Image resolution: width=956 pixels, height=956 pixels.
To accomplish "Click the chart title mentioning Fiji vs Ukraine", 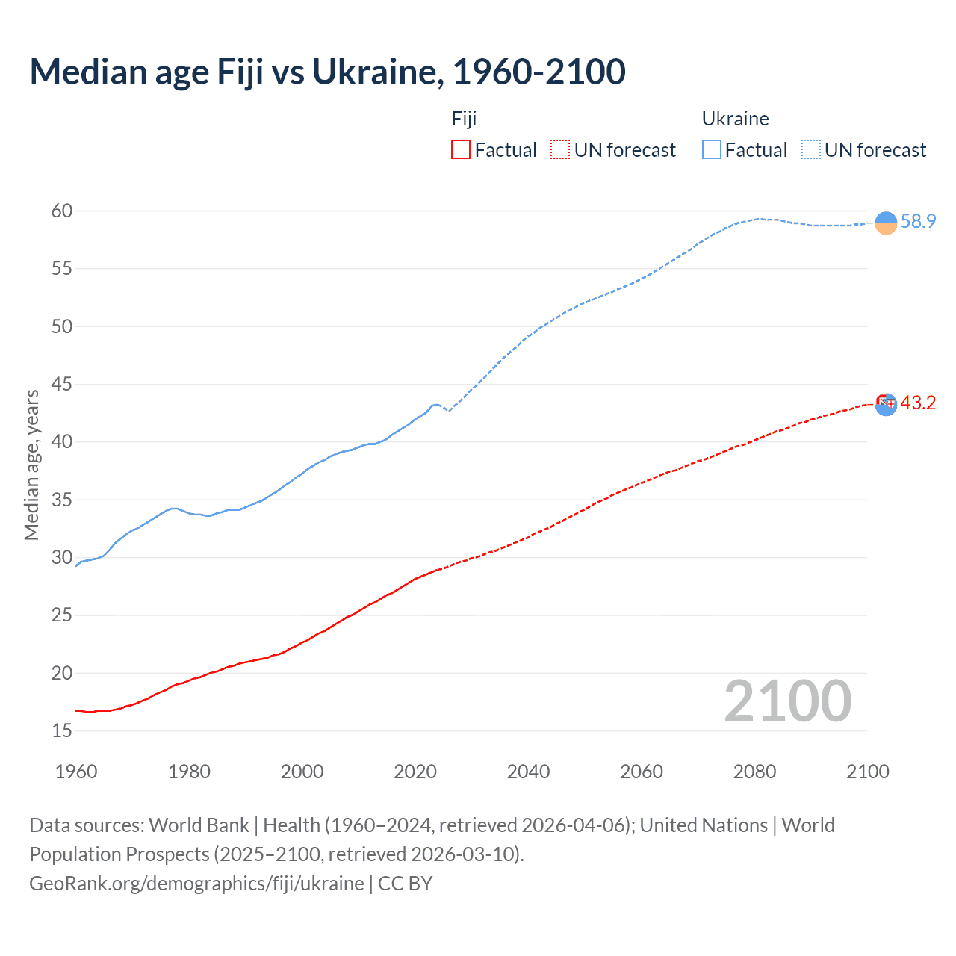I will [x=327, y=72].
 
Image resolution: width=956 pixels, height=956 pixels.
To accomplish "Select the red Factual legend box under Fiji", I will [x=461, y=149].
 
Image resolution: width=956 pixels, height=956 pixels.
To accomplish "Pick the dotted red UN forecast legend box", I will [x=560, y=149].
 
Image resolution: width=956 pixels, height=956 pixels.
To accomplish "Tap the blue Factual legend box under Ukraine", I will [x=712, y=149].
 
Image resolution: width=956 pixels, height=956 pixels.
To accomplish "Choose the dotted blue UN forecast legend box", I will [x=810, y=149].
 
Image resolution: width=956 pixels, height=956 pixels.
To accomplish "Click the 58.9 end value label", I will [x=918, y=221].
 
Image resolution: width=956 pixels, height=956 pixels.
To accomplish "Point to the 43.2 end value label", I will [x=918, y=403].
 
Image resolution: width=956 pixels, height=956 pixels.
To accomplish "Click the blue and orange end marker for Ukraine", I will [x=886, y=223].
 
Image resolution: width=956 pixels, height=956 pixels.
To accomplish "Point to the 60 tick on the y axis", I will [x=62, y=211].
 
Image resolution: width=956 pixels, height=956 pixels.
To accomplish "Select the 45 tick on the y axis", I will [x=62, y=384].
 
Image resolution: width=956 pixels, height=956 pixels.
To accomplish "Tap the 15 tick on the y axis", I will [x=62, y=730].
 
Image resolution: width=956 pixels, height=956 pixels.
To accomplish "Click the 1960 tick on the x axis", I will [x=76, y=772].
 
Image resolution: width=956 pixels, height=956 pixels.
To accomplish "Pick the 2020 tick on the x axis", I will [x=415, y=772].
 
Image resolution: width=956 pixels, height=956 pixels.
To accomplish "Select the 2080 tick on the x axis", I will [x=754, y=772].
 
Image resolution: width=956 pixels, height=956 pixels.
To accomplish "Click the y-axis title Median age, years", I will [x=31, y=465].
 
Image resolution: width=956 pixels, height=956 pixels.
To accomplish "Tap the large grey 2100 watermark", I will [x=787, y=701].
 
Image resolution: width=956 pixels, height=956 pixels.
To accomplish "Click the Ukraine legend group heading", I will [x=735, y=119].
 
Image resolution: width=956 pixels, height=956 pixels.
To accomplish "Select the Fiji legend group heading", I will [x=464, y=119].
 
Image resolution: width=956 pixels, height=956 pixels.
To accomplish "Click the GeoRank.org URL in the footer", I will [x=196, y=883].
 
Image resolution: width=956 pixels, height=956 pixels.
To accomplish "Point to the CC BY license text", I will [x=406, y=883].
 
